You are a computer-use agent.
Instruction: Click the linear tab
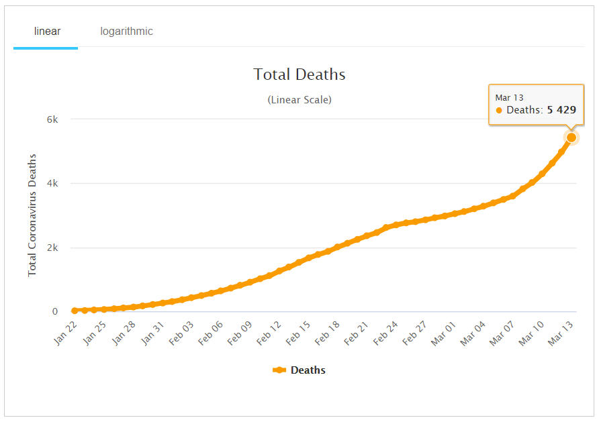(47, 32)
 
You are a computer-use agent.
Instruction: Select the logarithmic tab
(126, 32)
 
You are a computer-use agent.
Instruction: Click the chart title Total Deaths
(299, 74)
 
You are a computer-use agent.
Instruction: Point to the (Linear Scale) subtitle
(299, 100)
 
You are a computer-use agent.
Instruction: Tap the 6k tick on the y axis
(52, 119)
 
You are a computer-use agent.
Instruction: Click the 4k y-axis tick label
(52, 183)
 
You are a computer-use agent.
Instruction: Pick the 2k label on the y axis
(52, 248)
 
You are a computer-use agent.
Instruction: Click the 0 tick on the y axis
(55, 311)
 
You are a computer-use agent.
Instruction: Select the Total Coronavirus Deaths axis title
(32, 215)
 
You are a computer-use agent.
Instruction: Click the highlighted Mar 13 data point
(571, 138)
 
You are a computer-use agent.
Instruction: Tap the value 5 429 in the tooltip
(561, 110)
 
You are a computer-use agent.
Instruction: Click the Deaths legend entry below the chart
(299, 370)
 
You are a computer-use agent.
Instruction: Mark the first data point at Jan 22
(74, 311)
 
